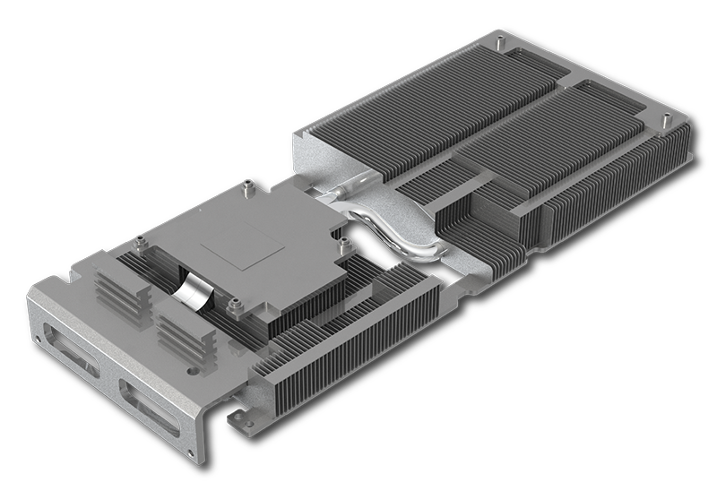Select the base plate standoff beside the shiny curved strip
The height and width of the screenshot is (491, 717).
(x=236, y=308)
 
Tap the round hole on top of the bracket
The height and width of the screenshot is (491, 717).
(x=191, y=366)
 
